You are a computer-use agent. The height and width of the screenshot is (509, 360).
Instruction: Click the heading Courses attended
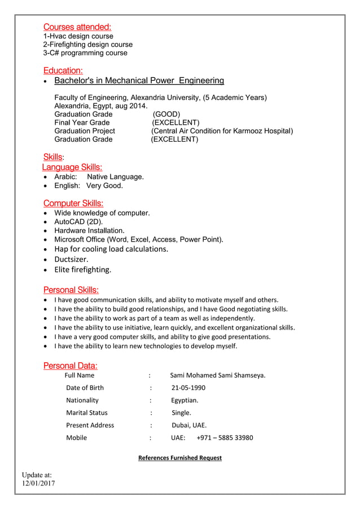pos(77,27)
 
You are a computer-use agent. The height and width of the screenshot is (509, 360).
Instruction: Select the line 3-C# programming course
pos(85,53)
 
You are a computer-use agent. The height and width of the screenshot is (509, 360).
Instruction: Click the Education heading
pos(63,71)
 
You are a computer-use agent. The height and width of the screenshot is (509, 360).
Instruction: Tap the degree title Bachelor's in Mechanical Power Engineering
pos(139,81)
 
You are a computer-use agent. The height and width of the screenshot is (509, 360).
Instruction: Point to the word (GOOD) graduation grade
pos(166,114)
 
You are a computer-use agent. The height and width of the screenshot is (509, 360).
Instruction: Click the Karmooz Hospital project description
pos(222,131)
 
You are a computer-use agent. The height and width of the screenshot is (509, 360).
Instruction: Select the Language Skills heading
pos(72,167)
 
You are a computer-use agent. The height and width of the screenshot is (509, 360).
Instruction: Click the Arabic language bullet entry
pos(99,177)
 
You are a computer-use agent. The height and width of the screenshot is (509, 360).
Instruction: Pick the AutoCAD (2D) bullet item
pos(78,222)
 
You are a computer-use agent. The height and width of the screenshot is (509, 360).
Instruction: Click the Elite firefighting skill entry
pos(82,270)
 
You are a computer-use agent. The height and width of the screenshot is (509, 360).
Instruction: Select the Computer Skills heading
pos(73,203)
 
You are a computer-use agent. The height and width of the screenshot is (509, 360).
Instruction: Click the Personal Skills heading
pos(71,290)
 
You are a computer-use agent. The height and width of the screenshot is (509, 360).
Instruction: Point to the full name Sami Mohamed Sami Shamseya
pos(217,375)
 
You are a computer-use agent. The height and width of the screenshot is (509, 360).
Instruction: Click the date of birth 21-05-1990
pos(188,388)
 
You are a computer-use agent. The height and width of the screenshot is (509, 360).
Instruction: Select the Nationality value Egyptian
pos(185,400)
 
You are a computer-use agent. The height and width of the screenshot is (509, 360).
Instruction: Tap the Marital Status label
pos(87,413)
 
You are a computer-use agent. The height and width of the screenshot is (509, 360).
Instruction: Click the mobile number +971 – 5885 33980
pos(225,437)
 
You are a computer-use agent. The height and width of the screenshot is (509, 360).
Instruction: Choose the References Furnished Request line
pos(180,458)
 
